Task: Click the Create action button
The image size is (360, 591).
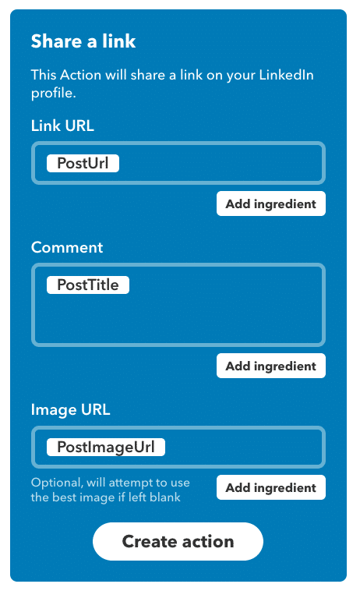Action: pyautogui.click(x=178, y=541)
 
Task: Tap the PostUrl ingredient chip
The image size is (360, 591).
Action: pyautogui.click(x=83, y=163)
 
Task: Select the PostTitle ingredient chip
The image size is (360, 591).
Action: pyautogui.click(x=88, y=285)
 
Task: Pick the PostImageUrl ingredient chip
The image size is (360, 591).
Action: pyautogui.click(x=106, y=447)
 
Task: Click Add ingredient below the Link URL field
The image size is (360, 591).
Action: pyautogui.click(x=270, y=203)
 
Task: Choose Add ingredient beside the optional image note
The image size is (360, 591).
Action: pyautogui.click(x=270, y=487)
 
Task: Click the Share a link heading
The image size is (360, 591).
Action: pyautogui.click(x=83, y=41)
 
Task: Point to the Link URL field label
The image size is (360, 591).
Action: pyautogui.click(x=62, y=126)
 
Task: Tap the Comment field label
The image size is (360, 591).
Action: pyautogui.click(x=67, y=247)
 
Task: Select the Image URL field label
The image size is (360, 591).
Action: pyautogui.click(x=70, y=409)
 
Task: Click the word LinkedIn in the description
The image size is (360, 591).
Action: pyautogui.click(x=286, y=75)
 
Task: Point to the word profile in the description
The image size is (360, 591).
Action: pyautogui.click(x=54, y=93)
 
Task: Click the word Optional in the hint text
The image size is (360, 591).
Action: pyautogui.click(x=56, y=483)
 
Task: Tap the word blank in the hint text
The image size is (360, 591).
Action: pyautogui.click(x=165, y=497)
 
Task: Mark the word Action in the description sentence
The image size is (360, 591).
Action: pyautogui.click(x=80, y=75)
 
